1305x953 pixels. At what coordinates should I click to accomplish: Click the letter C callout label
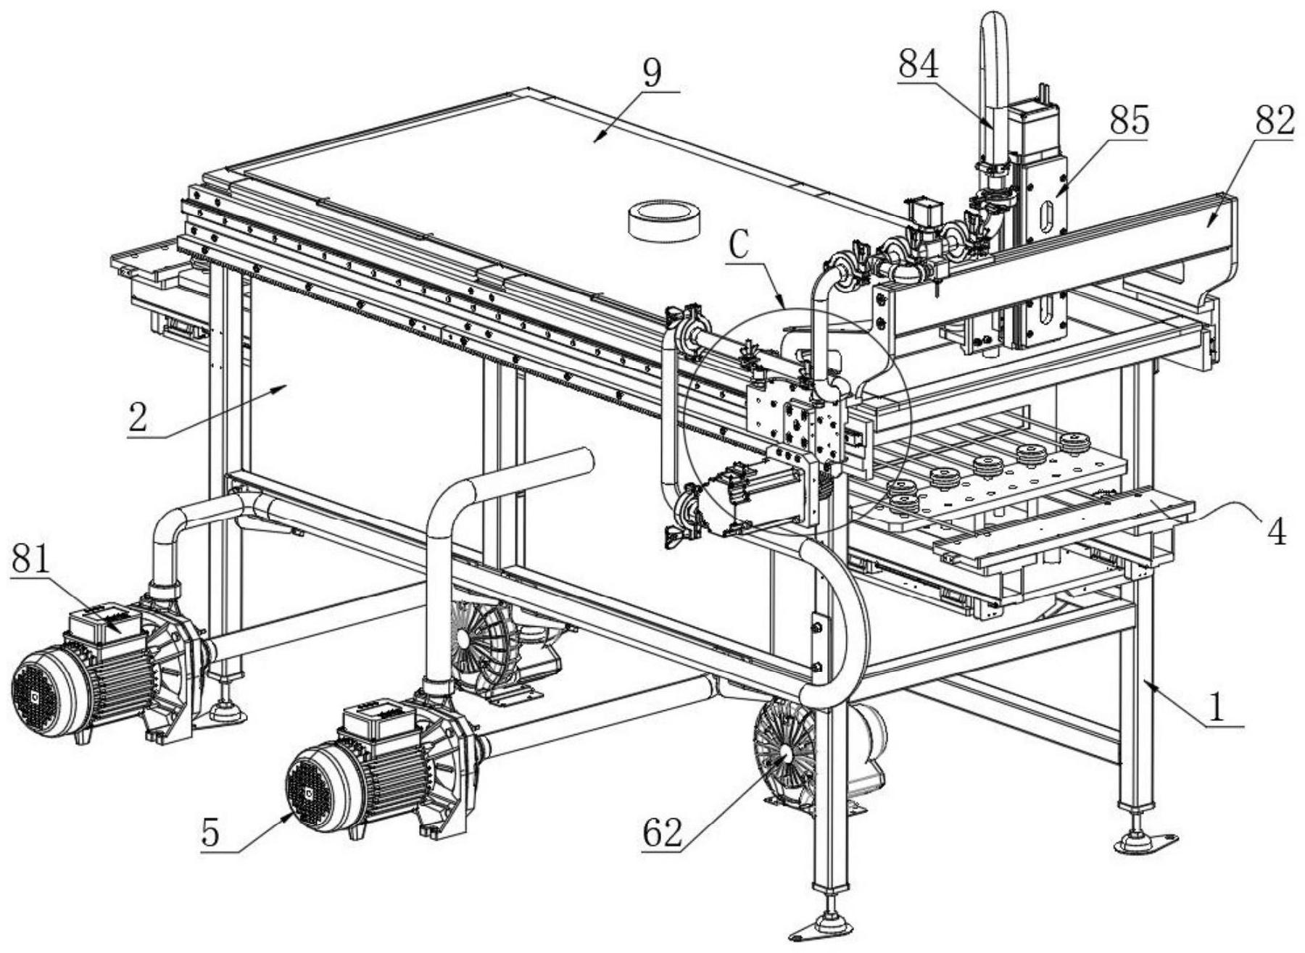click(x=738, y=246)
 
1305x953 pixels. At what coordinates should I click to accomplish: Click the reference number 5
click(x=210, y=833)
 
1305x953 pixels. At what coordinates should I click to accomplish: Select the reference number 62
click(x=662, y=833)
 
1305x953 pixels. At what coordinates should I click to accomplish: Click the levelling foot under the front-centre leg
click(x=826, y=927)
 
